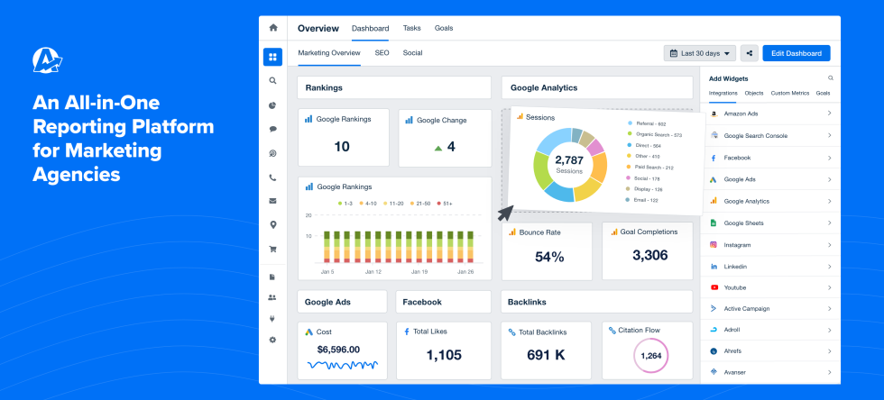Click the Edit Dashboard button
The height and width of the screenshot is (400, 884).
click(x=796, y=53)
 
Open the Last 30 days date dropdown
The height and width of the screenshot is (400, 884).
click(x=699, y=53)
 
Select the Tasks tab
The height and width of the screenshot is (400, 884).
click(x=410, y=28)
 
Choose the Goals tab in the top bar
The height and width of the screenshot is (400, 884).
click(x=444, y=28)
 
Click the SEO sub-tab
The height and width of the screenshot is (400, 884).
click(x=382, y=53)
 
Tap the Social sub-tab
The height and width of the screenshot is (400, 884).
click(x=412, y=53)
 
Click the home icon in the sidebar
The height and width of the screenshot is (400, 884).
click(x=272, y=28)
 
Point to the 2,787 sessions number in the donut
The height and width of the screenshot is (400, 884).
click(x=569, y=159)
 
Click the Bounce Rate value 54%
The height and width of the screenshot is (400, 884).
click(x=548, y=257)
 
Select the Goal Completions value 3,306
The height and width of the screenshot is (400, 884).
click(x=649, y=256)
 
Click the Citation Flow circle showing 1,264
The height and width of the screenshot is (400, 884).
click(x=650, y=356)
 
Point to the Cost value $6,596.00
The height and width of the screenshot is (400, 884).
click(x=338, y=349)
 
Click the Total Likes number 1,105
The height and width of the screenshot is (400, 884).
click(x=444, y=355)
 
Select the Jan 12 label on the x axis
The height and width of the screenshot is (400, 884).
click(x=371, y=271)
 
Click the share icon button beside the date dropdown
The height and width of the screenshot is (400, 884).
click(x=749, y=53)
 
